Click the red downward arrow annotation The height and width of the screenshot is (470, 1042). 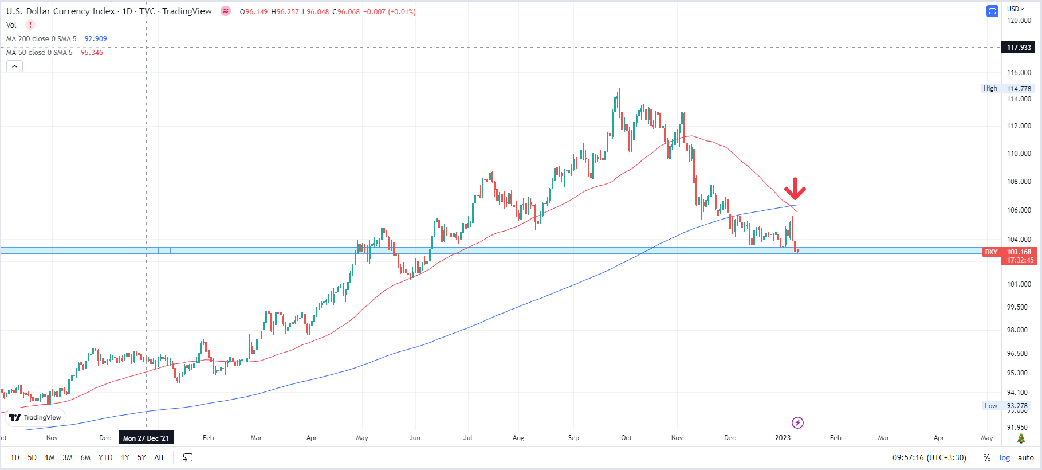[795, 189]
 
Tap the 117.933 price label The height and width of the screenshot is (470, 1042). [1019, 48]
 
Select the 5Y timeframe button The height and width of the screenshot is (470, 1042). [141, 457]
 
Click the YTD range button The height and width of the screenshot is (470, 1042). [105, 457]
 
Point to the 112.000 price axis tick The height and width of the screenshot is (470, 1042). [1019, 126]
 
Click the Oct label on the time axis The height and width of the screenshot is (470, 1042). [627, 438]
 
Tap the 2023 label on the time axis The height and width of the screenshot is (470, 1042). [783, 438]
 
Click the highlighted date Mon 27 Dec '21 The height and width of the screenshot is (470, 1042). [146, 438]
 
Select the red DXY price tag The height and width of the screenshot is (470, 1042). [992, 252]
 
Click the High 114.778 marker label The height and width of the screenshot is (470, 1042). [1007, 88]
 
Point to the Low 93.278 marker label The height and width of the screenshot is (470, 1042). [1008, 406]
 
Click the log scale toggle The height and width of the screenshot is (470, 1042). [1005, 457]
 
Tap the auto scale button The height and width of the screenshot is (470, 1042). [1026, 457]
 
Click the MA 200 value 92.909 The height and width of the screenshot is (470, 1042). [96, 39]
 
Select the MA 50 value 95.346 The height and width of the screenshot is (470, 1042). [92, 53]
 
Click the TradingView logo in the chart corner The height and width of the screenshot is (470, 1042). [35, 417]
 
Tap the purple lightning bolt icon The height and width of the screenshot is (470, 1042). [797, 423]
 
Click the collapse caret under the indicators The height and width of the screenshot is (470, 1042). [14, 66]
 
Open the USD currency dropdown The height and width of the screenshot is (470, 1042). [1016, 9]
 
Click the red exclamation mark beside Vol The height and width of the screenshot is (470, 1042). [30, 25]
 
